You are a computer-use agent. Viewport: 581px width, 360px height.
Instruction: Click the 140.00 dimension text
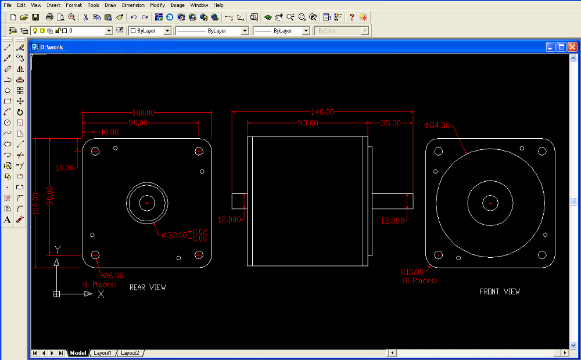pos(322,112)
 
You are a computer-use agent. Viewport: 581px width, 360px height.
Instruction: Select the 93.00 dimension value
pos(308,123)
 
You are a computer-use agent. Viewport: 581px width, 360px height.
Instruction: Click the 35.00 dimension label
pos(390,123)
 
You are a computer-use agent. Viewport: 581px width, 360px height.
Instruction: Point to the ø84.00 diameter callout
pos(437,125)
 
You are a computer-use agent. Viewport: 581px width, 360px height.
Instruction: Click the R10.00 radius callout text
pos(412,272)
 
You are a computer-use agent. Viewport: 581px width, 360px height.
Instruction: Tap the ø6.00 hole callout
pos(113,276)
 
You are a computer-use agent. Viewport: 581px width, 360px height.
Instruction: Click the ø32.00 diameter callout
pos(174,235)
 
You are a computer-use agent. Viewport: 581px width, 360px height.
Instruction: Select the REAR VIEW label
pos(148,287)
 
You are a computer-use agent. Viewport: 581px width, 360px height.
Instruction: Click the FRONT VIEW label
pos(500,292)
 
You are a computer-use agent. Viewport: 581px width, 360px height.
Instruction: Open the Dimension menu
pos(133,5)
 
